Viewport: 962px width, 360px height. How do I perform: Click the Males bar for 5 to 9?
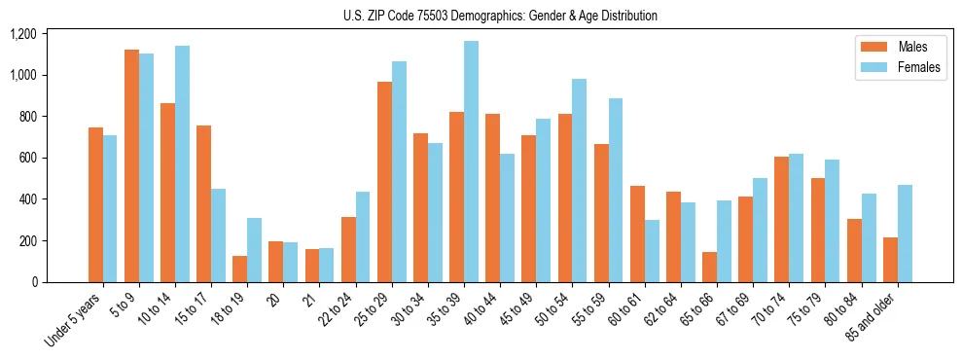pyautogui.click(x=131, y=165)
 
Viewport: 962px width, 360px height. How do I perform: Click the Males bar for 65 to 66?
pyautogui.click(x=709, y=267)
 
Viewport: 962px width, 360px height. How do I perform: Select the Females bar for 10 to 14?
pyautogui.click(x=182, y=163)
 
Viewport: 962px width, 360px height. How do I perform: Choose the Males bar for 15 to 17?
pyautogui.click(x=203, y=203)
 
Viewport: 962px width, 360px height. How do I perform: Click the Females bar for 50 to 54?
pyautogui.click(x=580, y=180)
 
